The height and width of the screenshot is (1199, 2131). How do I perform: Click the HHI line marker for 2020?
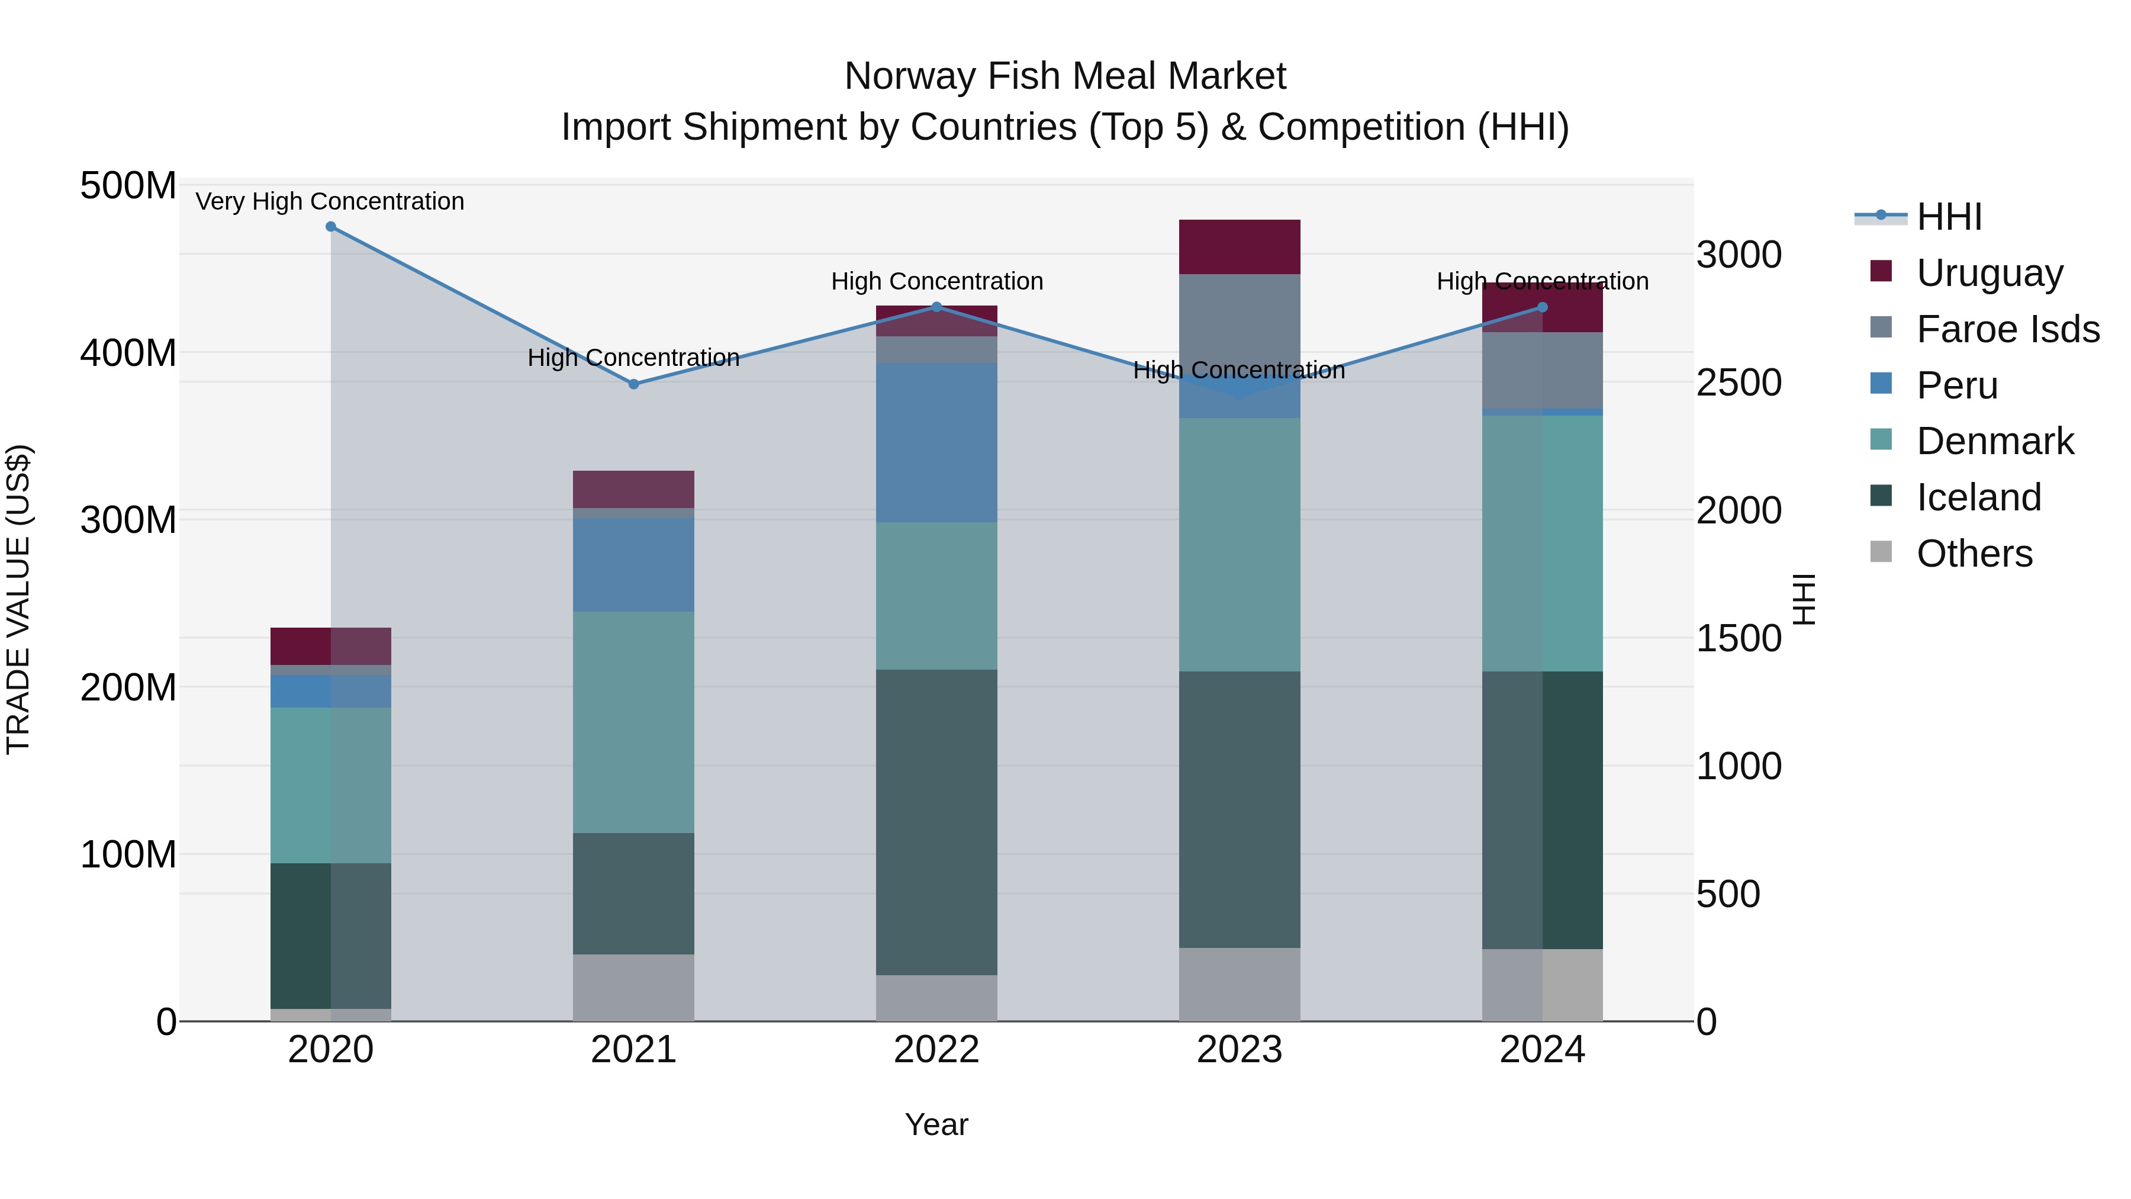pyautogui.click(x=331, y=227)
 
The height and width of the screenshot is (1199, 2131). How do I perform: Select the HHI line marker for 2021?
pyautogui.click(x=633, y=384)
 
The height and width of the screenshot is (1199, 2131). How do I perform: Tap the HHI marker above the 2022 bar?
pyautogui.click(x=936, y=307)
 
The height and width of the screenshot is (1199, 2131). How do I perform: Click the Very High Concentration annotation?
pyautogui.click(x=330, y=201)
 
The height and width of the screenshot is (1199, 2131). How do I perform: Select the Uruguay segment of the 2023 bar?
pyautogui.click(x=1239, y=246)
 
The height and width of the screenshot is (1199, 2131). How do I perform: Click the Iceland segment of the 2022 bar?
pyautogui.click(x=936, y=822)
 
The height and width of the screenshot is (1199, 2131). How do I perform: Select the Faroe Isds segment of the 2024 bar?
pyautogui.click(x=1542, y=370)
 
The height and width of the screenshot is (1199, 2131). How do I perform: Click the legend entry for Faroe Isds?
pyautogui.click(x=2008, y=329)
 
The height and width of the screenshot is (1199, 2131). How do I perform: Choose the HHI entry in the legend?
pyautogui.click(x=1948, y=217)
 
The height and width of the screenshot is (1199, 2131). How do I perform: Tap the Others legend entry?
pyautogui.click(x=1974, y=554)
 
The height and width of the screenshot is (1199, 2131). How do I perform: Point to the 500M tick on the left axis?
pyautogui.click(x=128, y=185)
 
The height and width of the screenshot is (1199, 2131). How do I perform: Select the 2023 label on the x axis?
pyautogui.click(x=1239, y=1050)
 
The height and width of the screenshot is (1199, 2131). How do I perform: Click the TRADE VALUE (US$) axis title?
pyautogui.click(x=18, y=599)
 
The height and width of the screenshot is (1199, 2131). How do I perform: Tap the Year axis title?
pyautogui.click(x=936, y=1124)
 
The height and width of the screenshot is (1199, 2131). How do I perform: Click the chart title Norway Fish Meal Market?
pyautogui.click(x=1065, y=76)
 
